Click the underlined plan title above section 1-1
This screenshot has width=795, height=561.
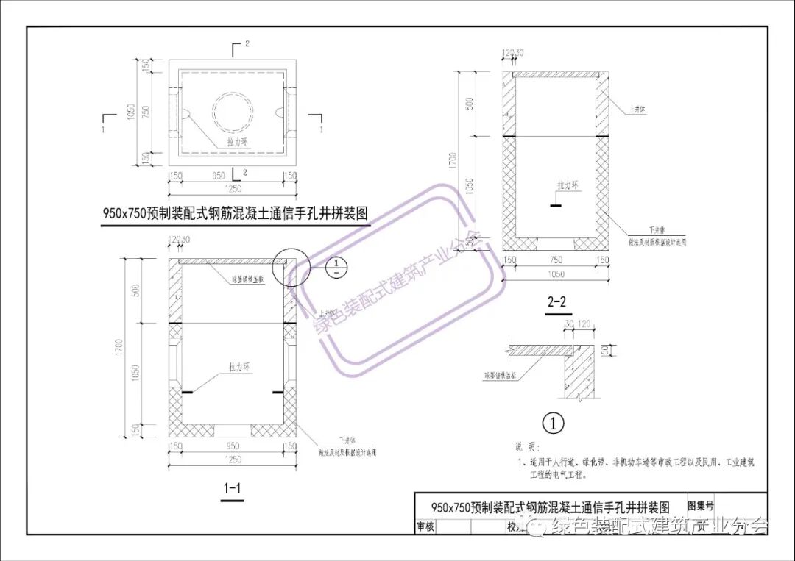[235, 214]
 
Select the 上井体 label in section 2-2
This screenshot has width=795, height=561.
[637, 110]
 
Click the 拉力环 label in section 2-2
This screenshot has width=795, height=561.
[568, 185]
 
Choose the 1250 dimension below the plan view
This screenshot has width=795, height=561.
[233, 189]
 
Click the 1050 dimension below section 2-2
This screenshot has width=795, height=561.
[556, 274]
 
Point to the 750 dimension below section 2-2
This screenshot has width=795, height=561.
[556, 260]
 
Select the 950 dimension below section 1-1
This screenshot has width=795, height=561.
[233, 446]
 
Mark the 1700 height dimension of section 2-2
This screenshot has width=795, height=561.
[453, 158]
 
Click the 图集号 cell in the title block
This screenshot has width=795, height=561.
[700, 506]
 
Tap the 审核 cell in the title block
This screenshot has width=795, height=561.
[425, 526]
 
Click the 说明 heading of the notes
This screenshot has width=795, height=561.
[527, 447]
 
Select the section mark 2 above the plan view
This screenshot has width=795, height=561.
[247, 45]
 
